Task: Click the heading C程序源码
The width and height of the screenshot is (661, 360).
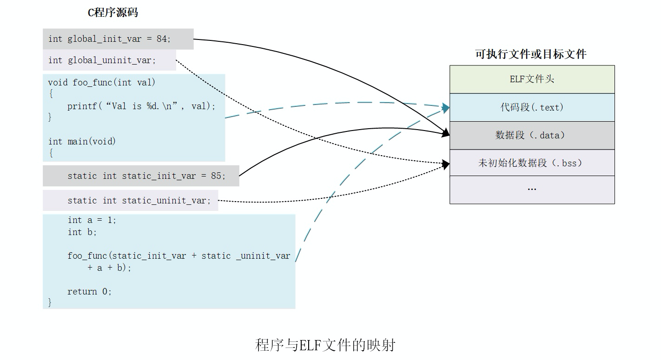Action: [113, 13]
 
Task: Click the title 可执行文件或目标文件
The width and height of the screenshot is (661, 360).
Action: [531, 54]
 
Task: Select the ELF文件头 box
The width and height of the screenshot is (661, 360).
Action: [532, 79]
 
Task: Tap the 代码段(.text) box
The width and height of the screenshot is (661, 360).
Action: [532, 107]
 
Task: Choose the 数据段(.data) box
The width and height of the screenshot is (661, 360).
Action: [532, 135]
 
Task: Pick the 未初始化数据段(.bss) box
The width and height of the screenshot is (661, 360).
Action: [532, 163]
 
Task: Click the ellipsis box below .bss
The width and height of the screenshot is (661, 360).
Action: [532, 190]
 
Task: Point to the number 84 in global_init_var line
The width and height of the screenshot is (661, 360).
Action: [162, 39]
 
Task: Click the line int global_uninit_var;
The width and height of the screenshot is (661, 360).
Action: [102, 60]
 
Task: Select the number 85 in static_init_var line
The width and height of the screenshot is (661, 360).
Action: [216, 176]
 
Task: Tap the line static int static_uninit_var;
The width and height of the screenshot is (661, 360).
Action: [139, 201]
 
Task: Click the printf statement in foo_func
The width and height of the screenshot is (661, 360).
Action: [141, 106]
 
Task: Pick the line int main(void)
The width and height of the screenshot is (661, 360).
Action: [82, 141]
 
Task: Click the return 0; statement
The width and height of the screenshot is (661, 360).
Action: [90, 292]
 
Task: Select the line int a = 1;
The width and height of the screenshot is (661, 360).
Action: [92, 220]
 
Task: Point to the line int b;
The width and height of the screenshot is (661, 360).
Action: [82, 232]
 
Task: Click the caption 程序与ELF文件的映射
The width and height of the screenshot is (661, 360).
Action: [325, 345]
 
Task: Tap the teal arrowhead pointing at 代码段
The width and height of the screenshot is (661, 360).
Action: [446, 108]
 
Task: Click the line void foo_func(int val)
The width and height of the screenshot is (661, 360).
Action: [102, 83]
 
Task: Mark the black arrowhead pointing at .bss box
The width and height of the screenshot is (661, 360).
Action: [446, 164]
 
